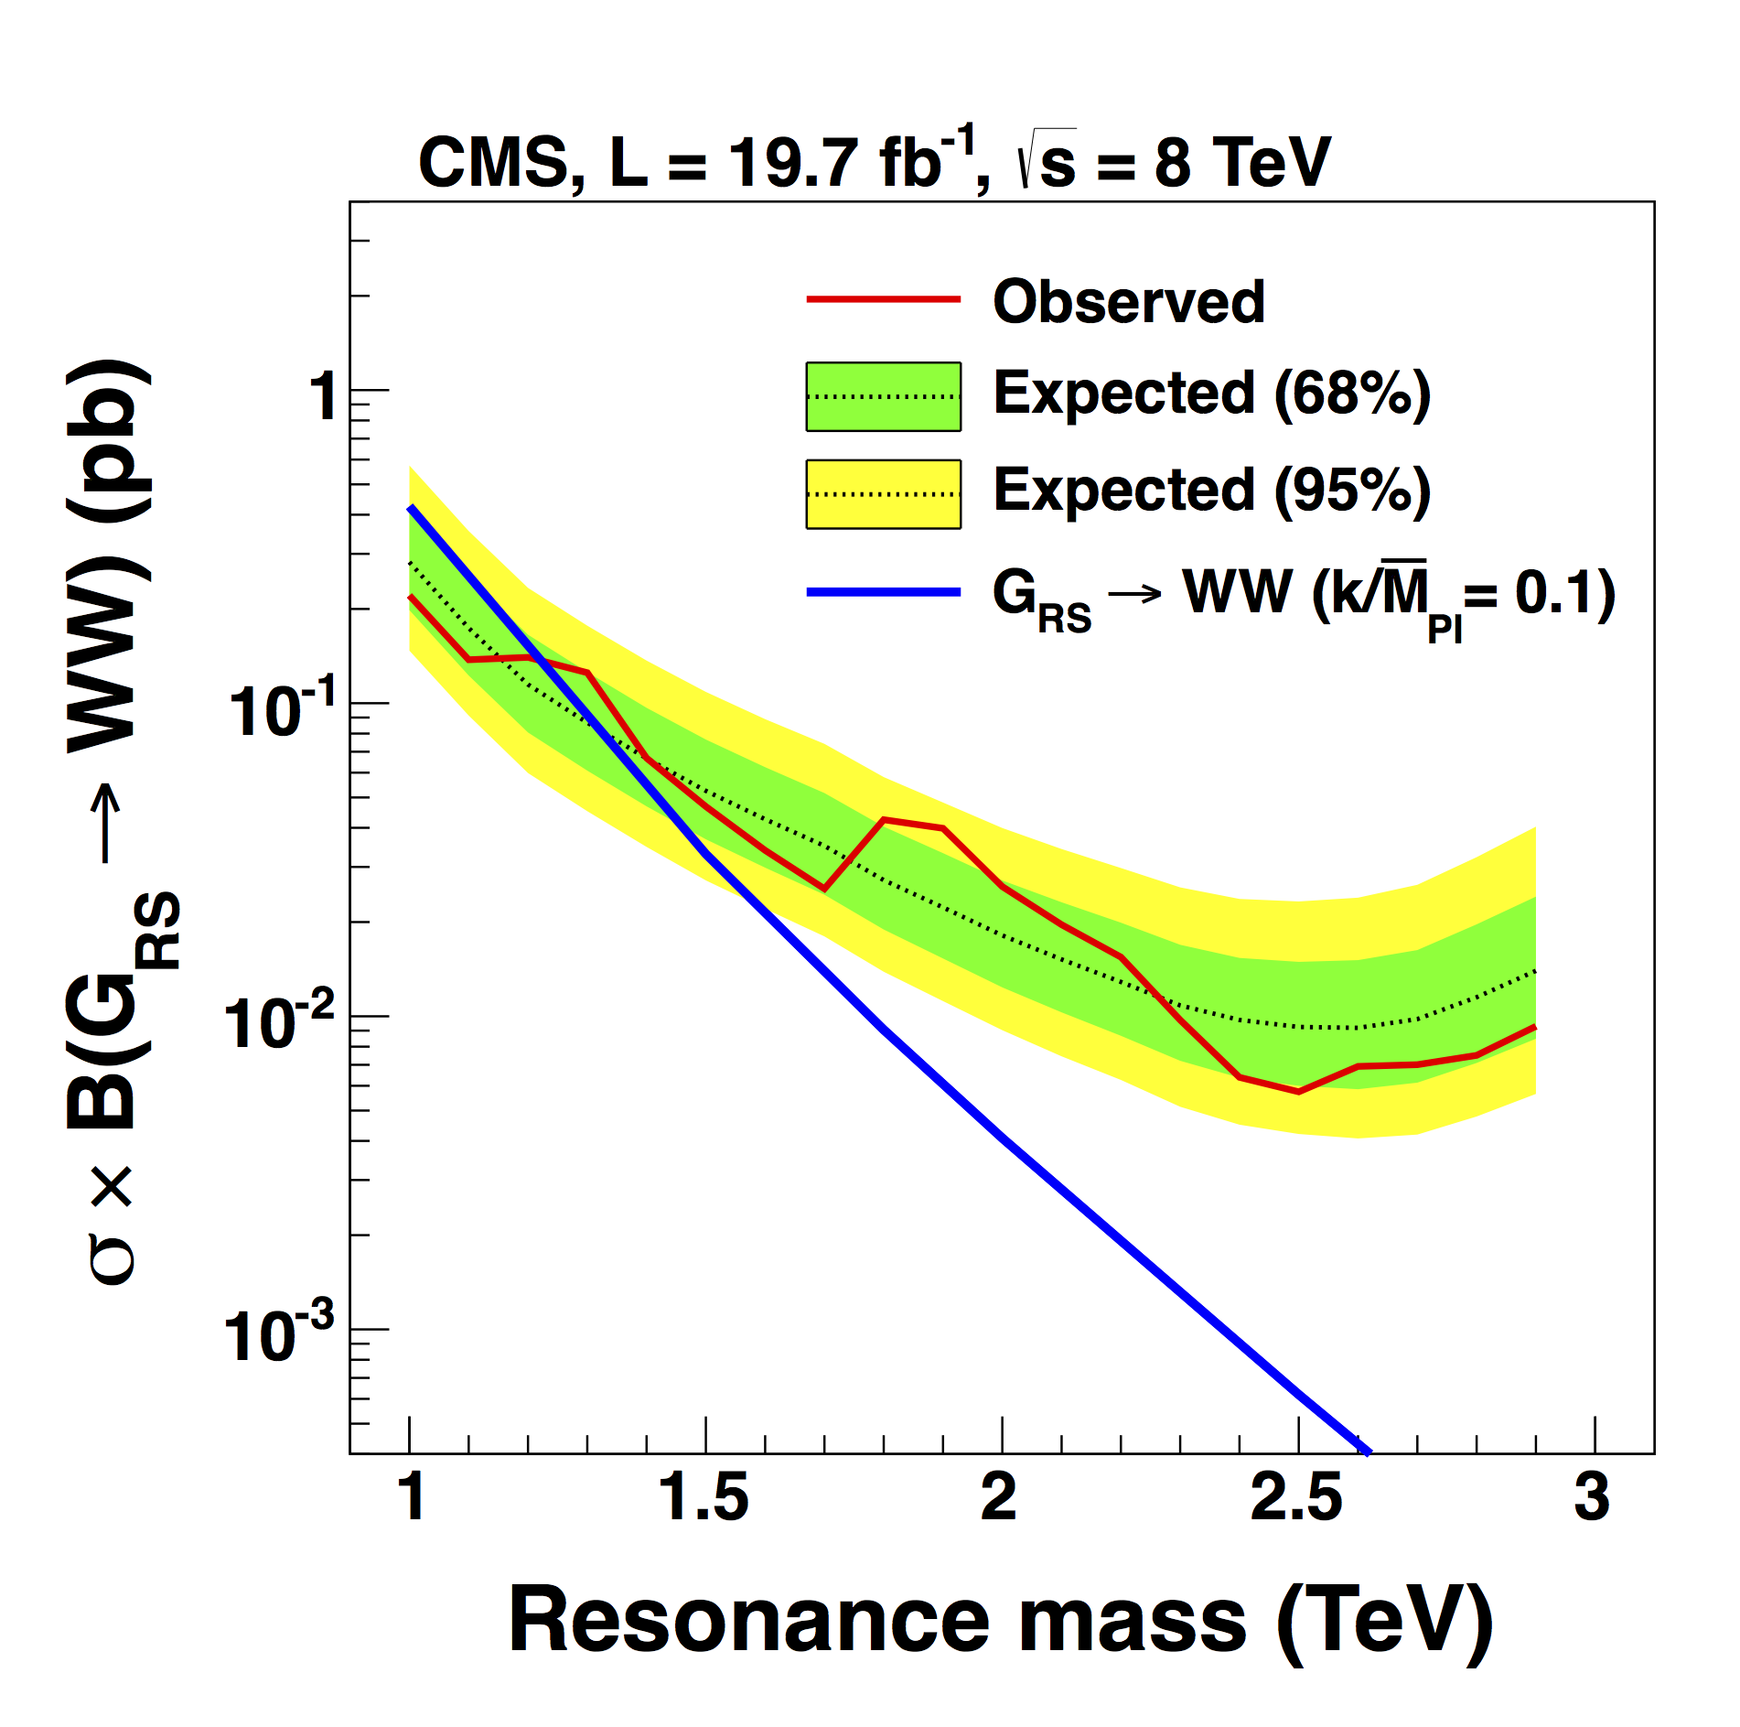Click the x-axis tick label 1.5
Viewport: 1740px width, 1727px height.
(704, 1498)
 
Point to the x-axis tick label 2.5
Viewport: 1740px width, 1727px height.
(1296, 1498)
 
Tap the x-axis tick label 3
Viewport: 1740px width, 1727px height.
(1593, 1498)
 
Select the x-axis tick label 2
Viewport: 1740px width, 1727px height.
(999, 1498)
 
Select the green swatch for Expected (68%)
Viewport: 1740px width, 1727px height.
(883, 396)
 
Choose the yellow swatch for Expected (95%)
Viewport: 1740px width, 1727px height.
(883, 494)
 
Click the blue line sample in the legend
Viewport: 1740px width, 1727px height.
(883, 593)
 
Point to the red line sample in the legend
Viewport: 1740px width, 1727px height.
(883, 299)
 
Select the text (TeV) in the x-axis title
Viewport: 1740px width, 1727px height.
(1384, 1620)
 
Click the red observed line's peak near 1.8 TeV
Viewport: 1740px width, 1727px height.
(884, 819)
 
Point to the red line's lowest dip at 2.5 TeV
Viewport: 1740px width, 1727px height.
(1298, 1092)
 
